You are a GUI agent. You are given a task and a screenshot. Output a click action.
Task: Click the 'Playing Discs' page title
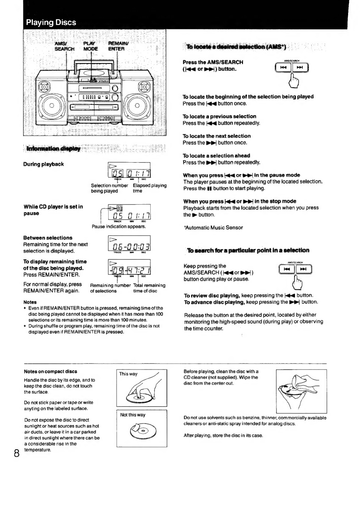pyautogui.click(x=51, y=22)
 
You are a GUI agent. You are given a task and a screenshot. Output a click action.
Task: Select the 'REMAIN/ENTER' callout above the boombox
pyautogui.click(x=117, y=46)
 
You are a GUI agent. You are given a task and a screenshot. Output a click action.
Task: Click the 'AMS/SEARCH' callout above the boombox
pyautogui.click(x=64, y=46)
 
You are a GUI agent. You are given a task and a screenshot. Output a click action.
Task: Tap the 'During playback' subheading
pyautogui.click(x=44, y=164)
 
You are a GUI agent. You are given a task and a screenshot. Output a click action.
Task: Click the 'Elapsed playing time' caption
pyautogui.click(x=149, y=188)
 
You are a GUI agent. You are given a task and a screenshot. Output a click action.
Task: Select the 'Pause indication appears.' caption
pyautogui.click(x=119, y=227)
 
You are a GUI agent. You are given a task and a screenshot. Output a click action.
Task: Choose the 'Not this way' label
pyautogui.click(x=133, y=415)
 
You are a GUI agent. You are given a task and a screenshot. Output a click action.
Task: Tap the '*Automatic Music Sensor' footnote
pyautogui.click(x=213, y=228)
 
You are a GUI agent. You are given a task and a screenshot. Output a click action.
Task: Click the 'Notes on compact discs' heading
pyautogui.click(x=50, y=372)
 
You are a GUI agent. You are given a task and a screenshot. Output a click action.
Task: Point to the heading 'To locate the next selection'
pyautogui.click(x=216, y=136)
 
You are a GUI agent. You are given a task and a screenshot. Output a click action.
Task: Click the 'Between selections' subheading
pyautogui.click(x=48, y=238)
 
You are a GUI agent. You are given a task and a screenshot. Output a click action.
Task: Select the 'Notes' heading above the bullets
pyautogui.click(x=31, y=302)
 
